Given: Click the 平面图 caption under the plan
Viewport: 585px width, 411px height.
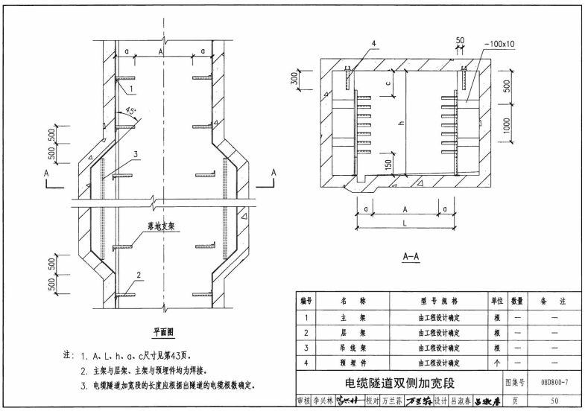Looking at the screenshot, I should click(161, 332).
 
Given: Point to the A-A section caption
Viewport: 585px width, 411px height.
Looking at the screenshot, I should click(411, 257).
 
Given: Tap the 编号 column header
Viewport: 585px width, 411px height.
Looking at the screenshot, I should click(306, 302).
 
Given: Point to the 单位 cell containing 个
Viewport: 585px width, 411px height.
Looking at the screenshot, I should click(497, 363).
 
